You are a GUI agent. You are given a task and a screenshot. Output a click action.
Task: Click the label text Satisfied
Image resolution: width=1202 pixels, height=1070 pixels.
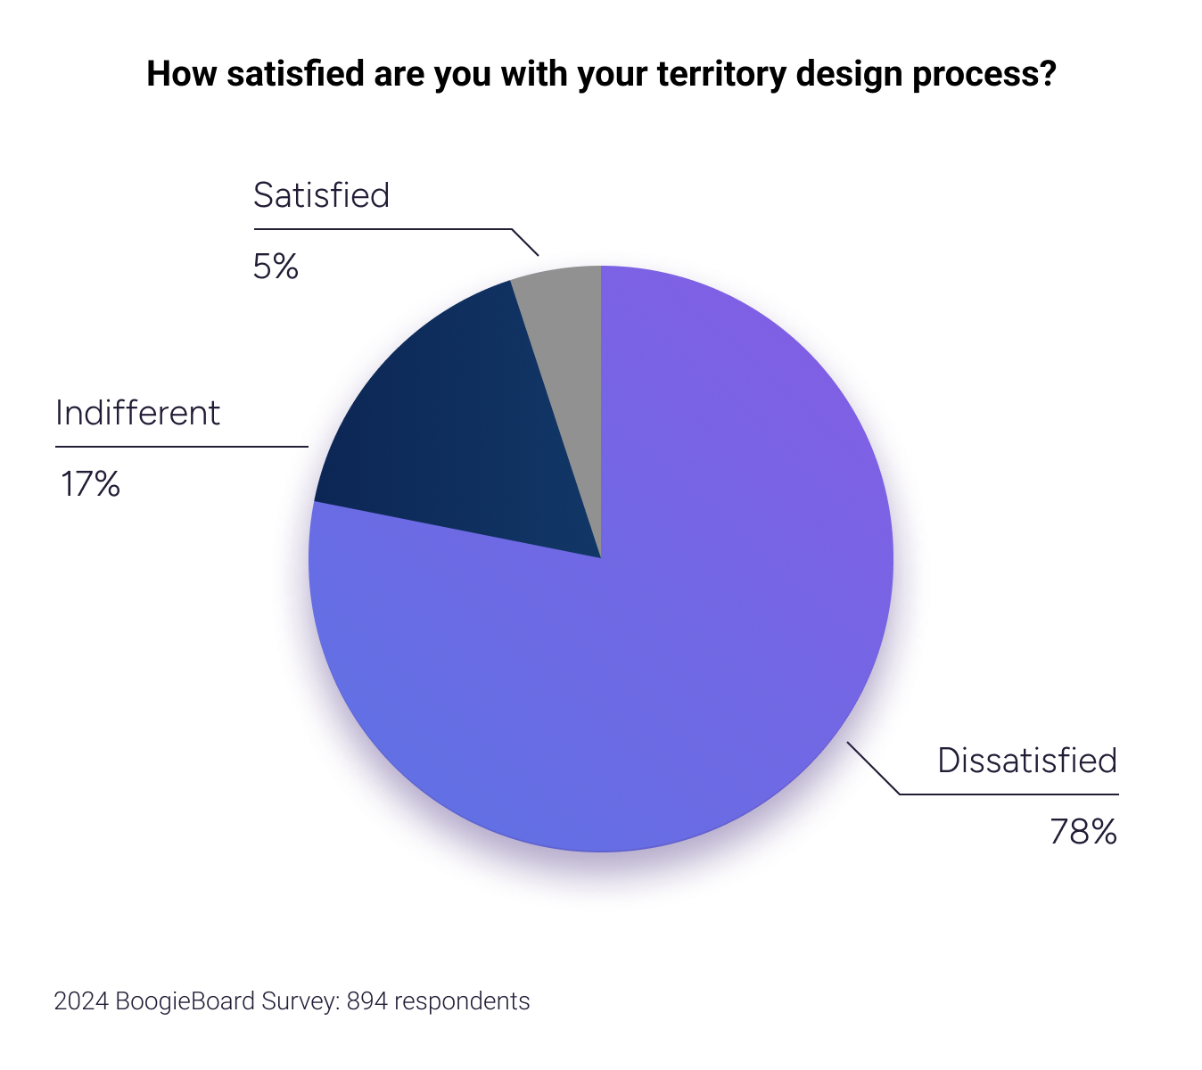pyautogui.click(x=321, y=195)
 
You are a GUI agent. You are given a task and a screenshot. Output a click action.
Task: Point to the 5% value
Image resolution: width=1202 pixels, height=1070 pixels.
pyautogui.click(x=276, y=267)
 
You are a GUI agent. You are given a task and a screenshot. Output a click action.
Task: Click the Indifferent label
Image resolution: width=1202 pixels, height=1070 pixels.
pyautogui.click(x=137, y=413)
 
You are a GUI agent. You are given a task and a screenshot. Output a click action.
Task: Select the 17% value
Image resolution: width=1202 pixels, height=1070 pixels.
pyautogui.click(x=90, y=484)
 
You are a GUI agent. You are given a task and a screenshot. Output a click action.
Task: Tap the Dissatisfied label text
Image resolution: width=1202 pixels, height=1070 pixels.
pyautogui.click(x=1027, y=761)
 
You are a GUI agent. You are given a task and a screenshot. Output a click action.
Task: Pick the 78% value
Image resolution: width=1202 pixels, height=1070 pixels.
pyautogui.click(x=1083, y=832)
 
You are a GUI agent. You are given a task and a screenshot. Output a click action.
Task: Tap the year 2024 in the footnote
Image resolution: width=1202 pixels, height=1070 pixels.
pyautogui.click(x=80, y=1001)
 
